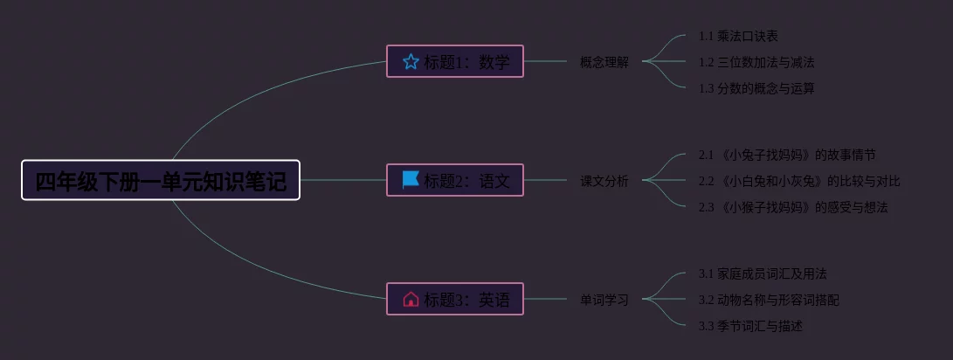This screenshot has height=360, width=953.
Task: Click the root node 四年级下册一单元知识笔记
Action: point(161,181)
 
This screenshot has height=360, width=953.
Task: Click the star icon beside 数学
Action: point(411,61)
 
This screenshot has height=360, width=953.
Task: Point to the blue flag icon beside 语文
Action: point(411,180)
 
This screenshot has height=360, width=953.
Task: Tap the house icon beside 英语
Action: point(411,299)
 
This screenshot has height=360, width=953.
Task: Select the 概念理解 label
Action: point(604,62)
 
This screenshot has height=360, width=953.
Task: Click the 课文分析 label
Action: point(604,181)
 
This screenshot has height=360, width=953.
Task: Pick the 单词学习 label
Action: point(604,300)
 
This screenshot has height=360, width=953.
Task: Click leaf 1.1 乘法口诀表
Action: point(738,36)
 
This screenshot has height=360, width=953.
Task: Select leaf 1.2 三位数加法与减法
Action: point(756,62)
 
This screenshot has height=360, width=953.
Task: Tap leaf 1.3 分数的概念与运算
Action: point(756,88)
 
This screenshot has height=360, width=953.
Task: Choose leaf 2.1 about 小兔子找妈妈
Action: point(787,155)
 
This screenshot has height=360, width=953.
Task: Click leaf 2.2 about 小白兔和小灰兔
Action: point(799,181)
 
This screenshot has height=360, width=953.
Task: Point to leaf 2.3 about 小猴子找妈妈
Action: point(793,207)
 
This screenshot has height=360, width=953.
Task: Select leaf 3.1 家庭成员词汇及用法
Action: point(763,273)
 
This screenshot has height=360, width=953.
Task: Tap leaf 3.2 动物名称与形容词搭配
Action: point(769,300)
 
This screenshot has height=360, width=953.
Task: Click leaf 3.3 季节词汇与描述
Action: point(750,326)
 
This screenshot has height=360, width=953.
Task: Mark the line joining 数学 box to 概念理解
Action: point(546,61)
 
